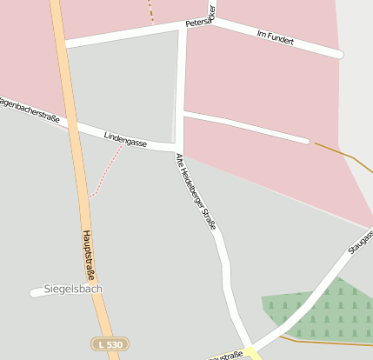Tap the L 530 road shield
[110, 345]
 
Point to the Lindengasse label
[125, 139]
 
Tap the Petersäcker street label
[200, 17]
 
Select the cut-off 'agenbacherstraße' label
[30, 110]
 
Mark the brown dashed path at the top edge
[150, 10]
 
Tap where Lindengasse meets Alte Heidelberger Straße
[177, 146]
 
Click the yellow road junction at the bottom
[252, 353]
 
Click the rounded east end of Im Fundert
[338, 55]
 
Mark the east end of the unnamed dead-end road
[306, 140]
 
